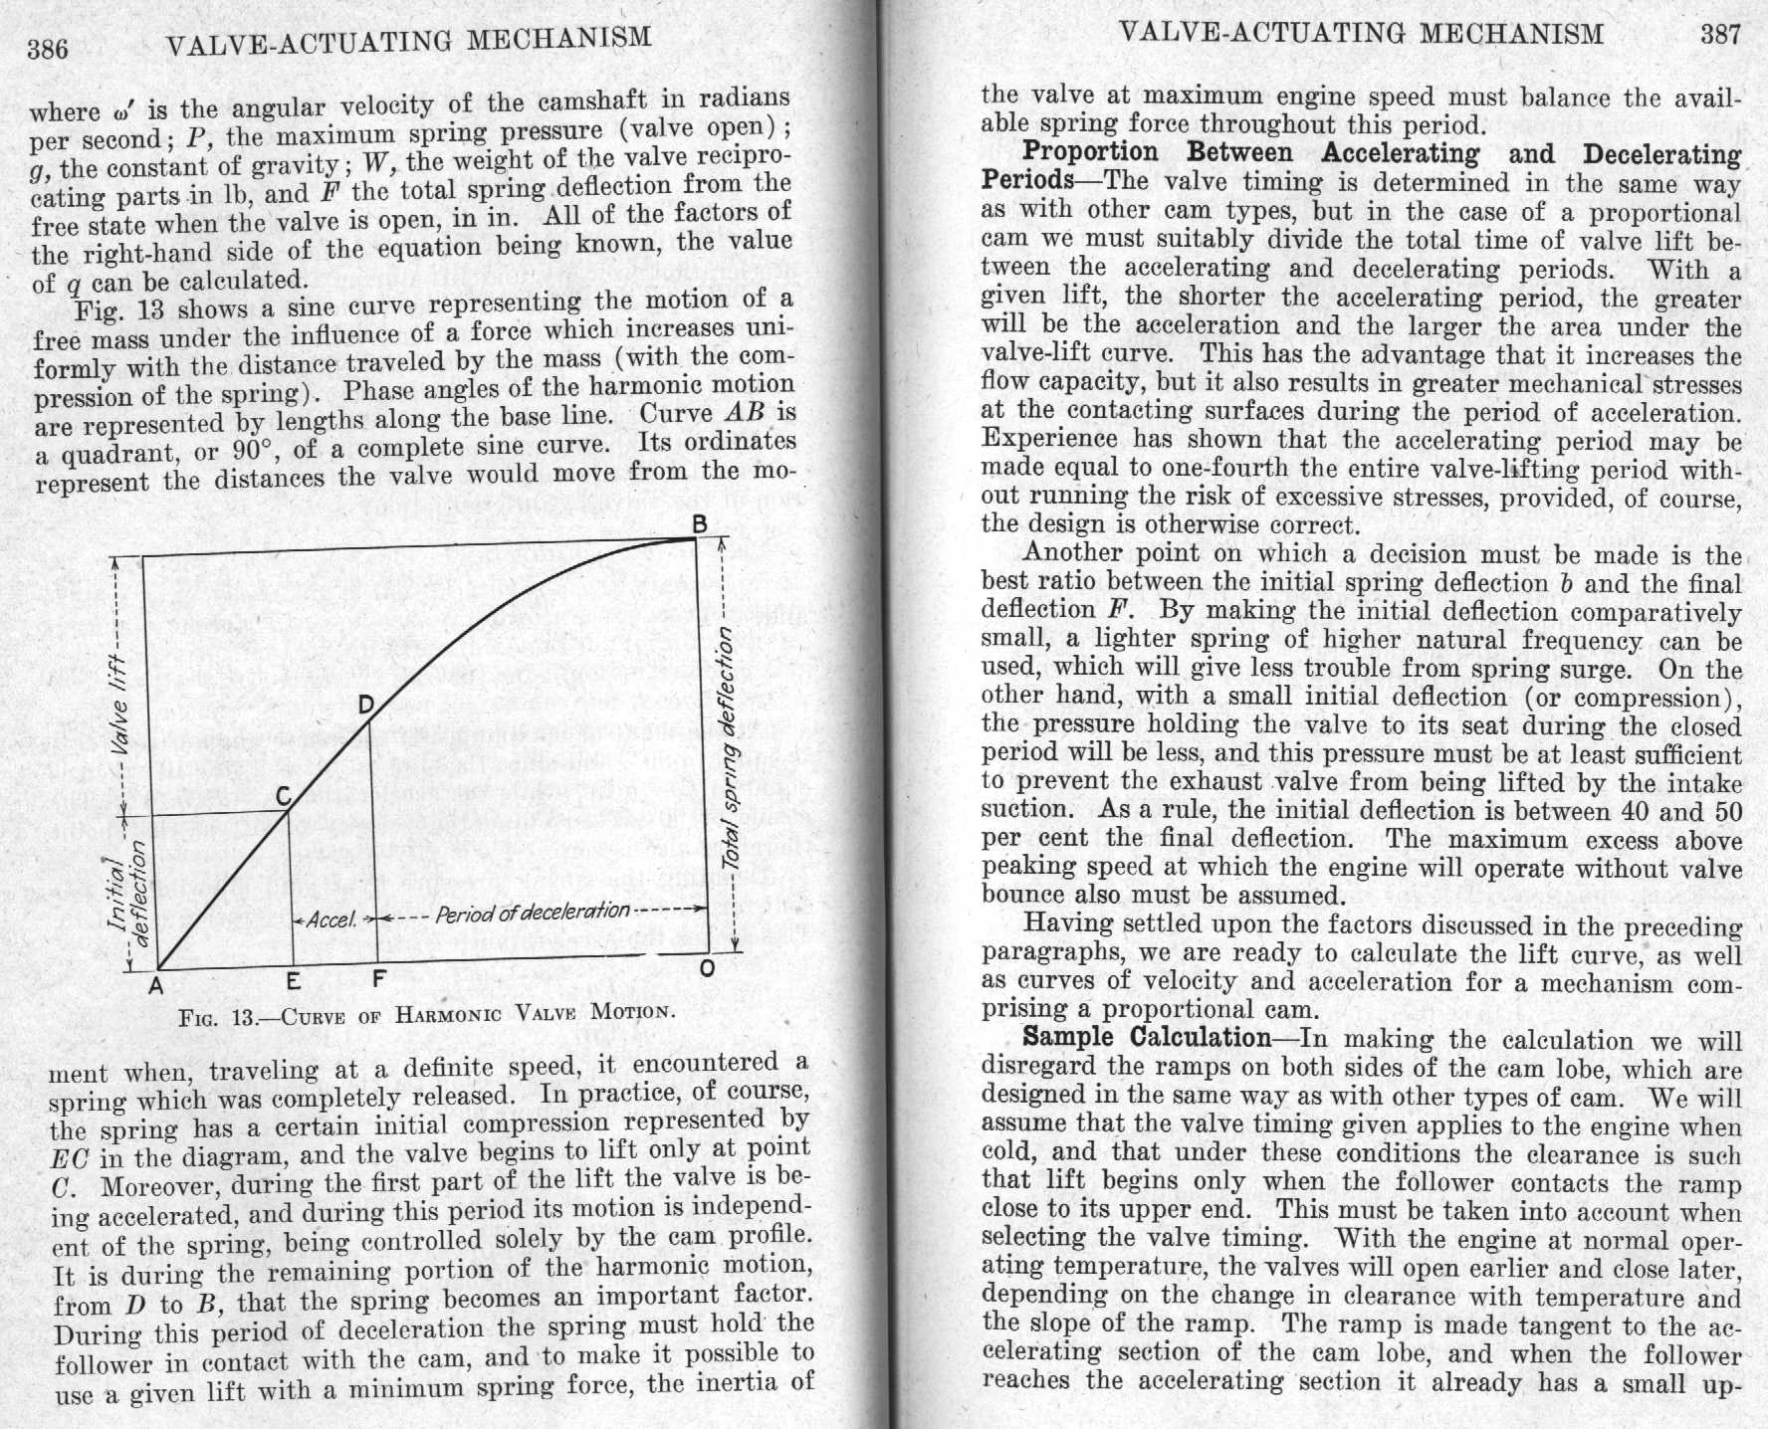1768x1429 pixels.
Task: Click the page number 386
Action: click(x=48, y=49)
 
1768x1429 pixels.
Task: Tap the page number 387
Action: click(x=1720, y=35)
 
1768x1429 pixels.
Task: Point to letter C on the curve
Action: click(x=283, y=796)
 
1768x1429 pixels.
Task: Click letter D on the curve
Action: click(x=365, y=706)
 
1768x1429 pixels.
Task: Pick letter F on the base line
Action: click(x=378, y=979)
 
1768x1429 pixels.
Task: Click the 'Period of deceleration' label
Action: click(x=533, y=912)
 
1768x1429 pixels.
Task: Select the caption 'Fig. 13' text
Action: click(x=217, y=1018)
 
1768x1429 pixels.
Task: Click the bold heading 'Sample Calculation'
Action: click(x=1145, y=1037)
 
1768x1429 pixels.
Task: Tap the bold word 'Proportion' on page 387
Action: click(x=1090, y=153)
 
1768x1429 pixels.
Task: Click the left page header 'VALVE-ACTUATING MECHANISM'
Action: click(x=409, y=41)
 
